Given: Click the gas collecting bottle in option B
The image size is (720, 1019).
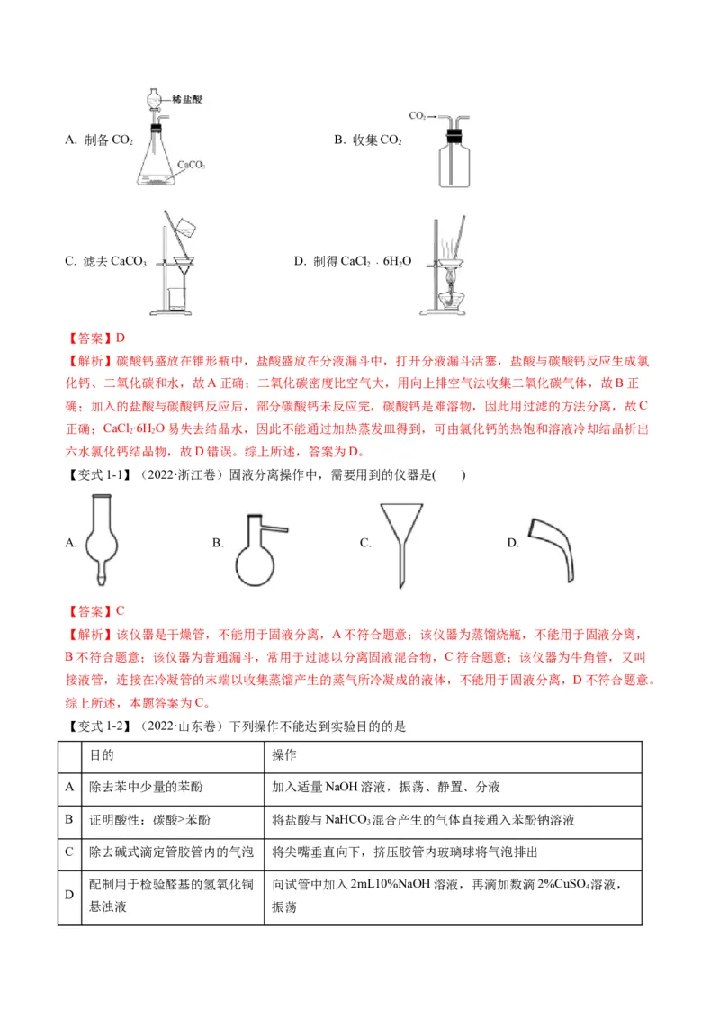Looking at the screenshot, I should click(454, 162).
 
